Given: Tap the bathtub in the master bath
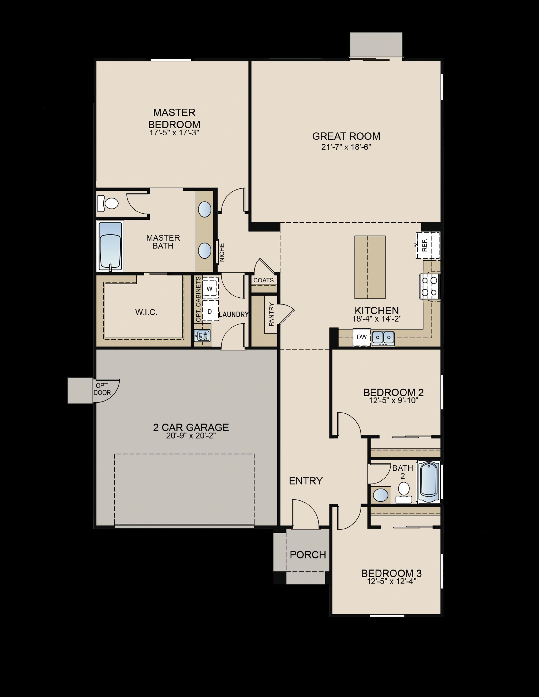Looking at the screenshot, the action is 110,247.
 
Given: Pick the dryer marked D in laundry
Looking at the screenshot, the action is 210,311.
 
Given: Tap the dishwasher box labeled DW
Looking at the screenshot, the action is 361,337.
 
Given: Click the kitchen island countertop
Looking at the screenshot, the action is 370,267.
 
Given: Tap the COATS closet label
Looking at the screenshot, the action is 263,280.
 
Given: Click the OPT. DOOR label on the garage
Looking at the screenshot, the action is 102,389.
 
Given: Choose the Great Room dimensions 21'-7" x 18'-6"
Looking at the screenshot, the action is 346,147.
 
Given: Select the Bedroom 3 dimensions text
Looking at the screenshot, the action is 391,581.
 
